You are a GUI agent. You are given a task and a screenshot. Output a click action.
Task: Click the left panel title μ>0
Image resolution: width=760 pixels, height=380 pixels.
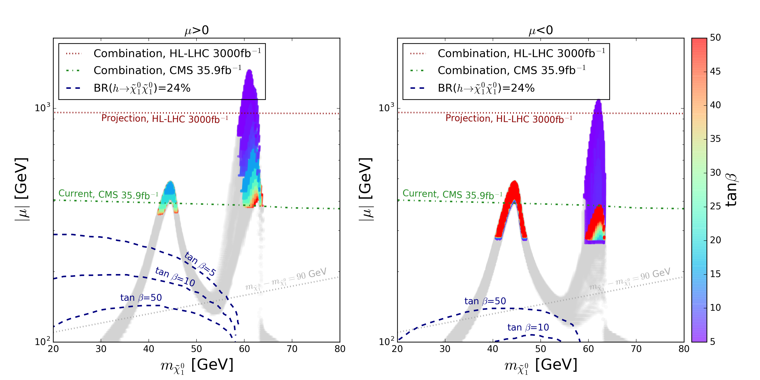(197, 30)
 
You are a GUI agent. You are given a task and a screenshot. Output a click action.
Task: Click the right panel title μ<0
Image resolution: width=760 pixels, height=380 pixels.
(540, 30)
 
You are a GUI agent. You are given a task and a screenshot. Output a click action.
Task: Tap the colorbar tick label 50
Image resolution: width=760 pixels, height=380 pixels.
(715, 38)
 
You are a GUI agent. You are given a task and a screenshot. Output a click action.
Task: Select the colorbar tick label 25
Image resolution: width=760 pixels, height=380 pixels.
(715, 206)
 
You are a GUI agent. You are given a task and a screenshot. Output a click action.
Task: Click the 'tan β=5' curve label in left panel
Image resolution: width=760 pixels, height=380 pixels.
(200, 264)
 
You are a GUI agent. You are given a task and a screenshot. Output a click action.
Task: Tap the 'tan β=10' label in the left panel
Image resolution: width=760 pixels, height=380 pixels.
(175, 277)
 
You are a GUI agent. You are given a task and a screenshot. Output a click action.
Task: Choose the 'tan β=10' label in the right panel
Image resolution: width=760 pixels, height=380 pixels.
(528, 327)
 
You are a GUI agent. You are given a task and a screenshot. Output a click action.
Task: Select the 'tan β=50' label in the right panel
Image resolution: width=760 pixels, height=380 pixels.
(485, 301)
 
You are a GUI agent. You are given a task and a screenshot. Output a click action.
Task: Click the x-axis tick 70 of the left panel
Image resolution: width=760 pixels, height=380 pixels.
(292, 349)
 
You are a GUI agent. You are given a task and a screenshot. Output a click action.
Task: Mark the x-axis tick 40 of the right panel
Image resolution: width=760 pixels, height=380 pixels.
(493, 349)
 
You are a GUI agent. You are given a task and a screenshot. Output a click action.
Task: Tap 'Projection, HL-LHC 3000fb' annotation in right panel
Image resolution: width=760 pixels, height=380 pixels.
(509, 119)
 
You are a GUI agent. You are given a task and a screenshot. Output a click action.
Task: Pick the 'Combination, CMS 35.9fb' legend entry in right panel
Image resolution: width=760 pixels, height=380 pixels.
(511, 71)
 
